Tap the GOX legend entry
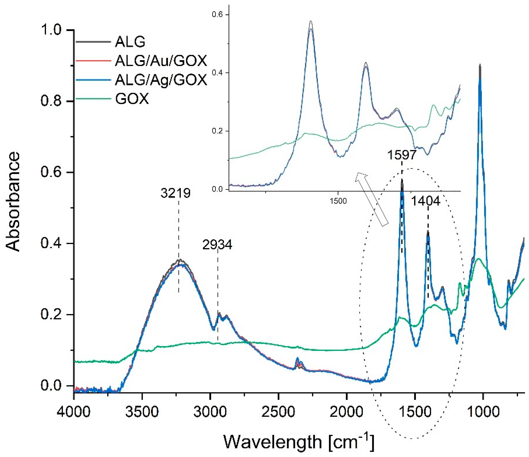pos(132,99)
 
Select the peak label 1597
pos(402,155)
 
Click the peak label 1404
pos(426,201)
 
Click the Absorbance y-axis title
pos(13,202)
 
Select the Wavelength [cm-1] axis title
pos(299,441)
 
